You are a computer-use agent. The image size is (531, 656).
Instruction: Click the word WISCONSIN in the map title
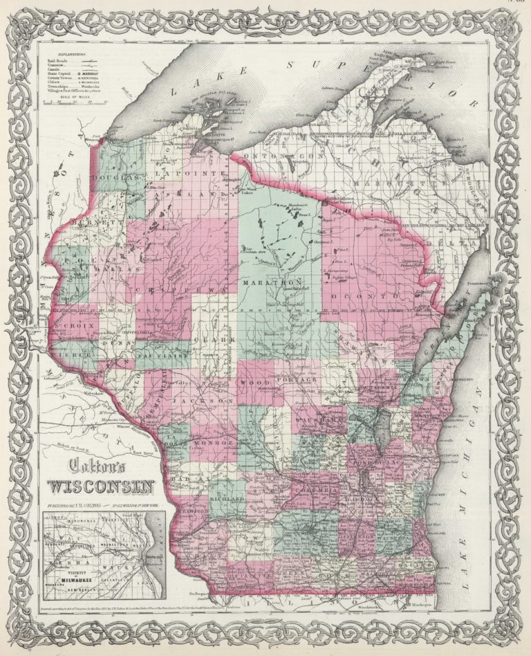click(x=100, y=484)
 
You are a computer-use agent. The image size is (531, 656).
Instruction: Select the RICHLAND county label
click(x=228, y=498)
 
